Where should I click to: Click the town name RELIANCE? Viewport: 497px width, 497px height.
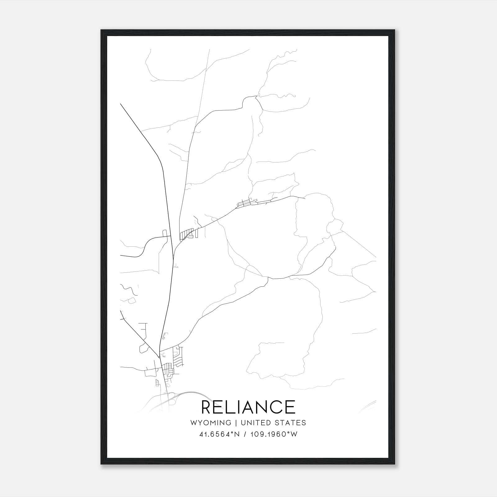click(x=248, y=407)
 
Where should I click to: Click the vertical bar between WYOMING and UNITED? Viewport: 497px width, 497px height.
click(x=236, y=423)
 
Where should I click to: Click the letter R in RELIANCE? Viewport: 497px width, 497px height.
click(x=207, y=407)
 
